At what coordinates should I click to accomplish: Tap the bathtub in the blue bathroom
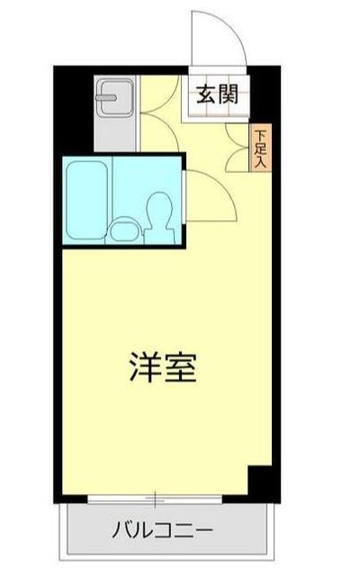tap(86, 202)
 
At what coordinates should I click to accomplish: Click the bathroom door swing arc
tap(211, 193)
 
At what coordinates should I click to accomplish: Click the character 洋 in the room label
tap(142, 367)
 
